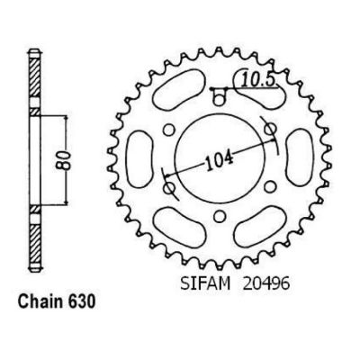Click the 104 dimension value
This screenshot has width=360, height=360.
[220, 162]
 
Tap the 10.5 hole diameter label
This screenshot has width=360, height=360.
[258, 80]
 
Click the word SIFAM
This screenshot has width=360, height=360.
[205, 283]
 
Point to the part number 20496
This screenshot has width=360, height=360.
[266, 283]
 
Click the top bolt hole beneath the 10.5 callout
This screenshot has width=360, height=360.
[220, 99]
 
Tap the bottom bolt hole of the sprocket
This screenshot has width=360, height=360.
[220, 215]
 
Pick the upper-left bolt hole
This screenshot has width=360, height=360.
[169, 130]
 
